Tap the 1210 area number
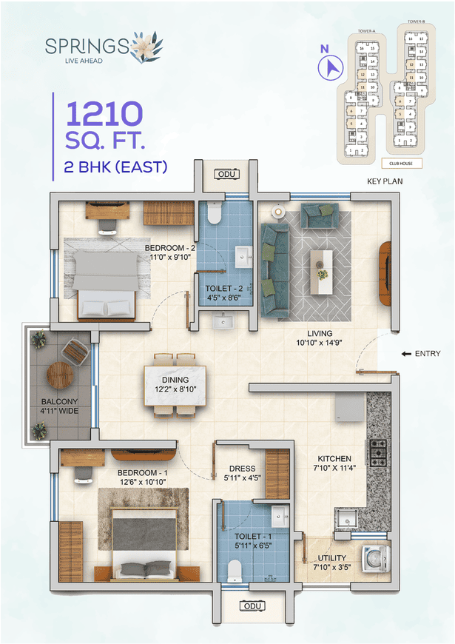(x=104, y=114)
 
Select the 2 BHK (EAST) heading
(x=115, y=167)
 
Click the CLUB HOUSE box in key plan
(x=402, y=163)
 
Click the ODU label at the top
(x=224, y=174)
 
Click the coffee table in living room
(x=322, y=264)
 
